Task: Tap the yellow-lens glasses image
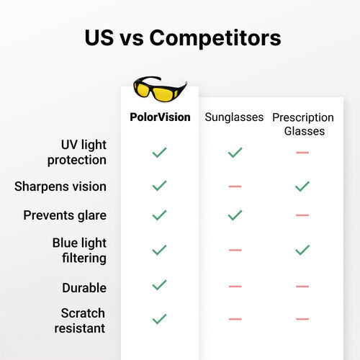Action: (160, 89)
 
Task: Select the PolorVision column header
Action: (160, 117)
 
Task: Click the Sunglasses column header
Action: (234, 117)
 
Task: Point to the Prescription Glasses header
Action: (302, 124)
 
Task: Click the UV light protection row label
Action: (77, 152)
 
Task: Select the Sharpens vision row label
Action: (60, 186)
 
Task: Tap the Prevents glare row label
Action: (65, 215)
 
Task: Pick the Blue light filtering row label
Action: (79, 251)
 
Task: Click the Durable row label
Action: (84, 287)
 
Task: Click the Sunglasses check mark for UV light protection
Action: (235, 153)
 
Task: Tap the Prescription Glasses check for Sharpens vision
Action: (302, 186)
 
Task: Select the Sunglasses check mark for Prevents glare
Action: (235, 215)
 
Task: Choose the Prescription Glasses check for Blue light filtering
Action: (302, 250)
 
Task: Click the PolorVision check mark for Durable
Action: (160, 285)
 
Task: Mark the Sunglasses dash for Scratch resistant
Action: (235, 319)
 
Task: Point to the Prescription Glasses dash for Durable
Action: (302, 286)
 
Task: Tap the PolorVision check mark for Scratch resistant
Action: (160, 319)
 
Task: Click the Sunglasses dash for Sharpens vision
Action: (235, 186)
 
